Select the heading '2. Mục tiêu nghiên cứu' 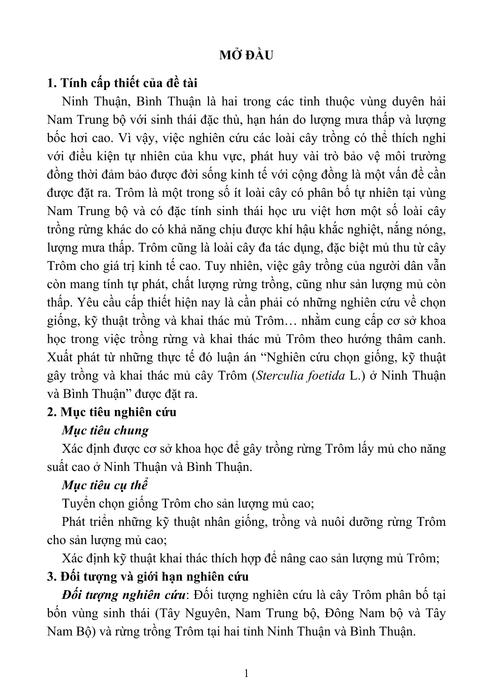tap(112, 412)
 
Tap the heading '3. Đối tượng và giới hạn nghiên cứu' tap(148, 577)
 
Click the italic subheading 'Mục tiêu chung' tap(105, 430)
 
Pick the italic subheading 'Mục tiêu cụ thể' tap(105, 485)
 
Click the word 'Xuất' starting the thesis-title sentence tap(59, 357)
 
